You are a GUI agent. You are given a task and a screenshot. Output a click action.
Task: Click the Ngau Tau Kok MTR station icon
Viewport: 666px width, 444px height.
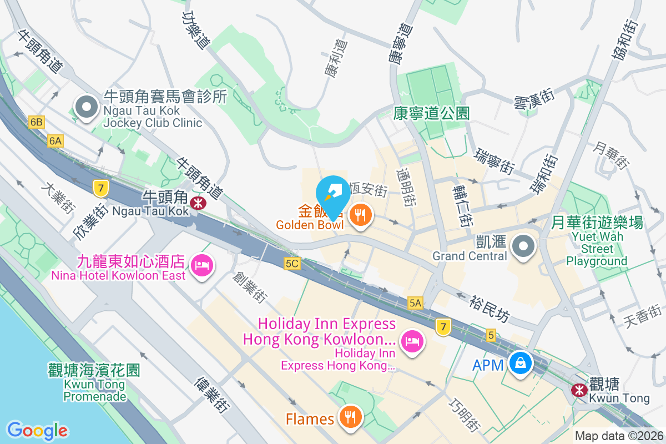coord(197,203)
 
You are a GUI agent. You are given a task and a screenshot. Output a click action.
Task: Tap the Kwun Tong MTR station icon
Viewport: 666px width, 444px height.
coord(579,390)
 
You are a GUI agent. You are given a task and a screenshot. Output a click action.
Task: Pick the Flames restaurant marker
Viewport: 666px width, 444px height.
coord(350,418)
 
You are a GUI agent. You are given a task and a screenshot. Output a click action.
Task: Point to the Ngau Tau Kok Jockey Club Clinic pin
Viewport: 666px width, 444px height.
coord(86,108)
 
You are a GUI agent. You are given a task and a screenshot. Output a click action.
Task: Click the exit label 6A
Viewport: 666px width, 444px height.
coord(56,141)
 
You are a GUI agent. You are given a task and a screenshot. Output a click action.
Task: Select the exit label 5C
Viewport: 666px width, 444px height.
coord(292,264)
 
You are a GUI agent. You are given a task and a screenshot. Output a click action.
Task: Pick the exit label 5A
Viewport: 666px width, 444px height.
coord(415,302)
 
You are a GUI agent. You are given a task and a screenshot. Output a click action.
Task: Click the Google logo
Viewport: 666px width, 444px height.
coord(37,431)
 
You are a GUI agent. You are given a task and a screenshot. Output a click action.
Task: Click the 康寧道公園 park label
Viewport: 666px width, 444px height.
coord(431,114)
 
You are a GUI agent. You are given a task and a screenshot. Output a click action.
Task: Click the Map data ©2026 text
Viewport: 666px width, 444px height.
coord(619,436)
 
